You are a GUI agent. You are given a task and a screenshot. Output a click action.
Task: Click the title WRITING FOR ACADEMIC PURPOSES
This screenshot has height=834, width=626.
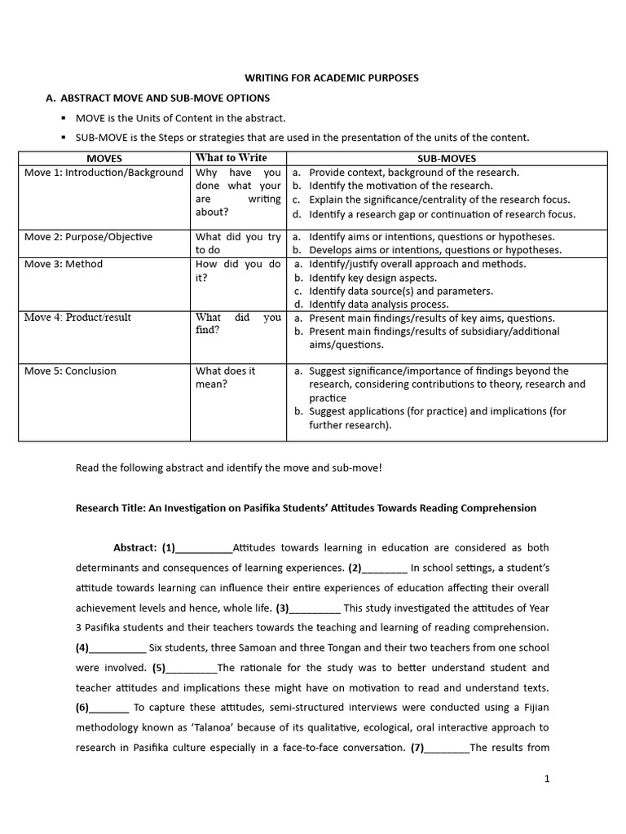(x=332, y=77)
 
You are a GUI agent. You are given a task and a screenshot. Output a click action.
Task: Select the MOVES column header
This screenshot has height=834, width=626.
(x=104, y=159)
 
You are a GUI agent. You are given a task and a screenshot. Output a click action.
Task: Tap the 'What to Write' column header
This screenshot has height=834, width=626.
(x=231, y=158)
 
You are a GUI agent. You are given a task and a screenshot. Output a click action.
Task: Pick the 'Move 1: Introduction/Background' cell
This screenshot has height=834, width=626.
(x=104, y=173)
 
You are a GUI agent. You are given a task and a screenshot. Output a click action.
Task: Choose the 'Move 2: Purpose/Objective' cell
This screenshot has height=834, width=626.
(x=88, y=237)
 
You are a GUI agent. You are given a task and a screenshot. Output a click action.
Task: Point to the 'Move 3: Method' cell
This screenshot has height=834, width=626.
(x=64, y=264)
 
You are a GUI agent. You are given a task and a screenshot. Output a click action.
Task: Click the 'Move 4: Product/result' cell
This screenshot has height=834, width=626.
(x=77, y=318)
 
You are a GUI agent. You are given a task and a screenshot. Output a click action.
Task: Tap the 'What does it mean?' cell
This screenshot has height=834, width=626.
(x=225, y=377)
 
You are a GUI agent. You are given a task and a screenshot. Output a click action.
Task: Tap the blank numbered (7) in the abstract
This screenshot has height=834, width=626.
(x=447, y=748)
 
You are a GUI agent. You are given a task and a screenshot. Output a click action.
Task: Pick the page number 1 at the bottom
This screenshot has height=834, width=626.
(x=547, y=779)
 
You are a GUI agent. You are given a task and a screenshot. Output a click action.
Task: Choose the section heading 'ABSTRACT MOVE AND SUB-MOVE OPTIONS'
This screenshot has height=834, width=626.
(x=165, y=98)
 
